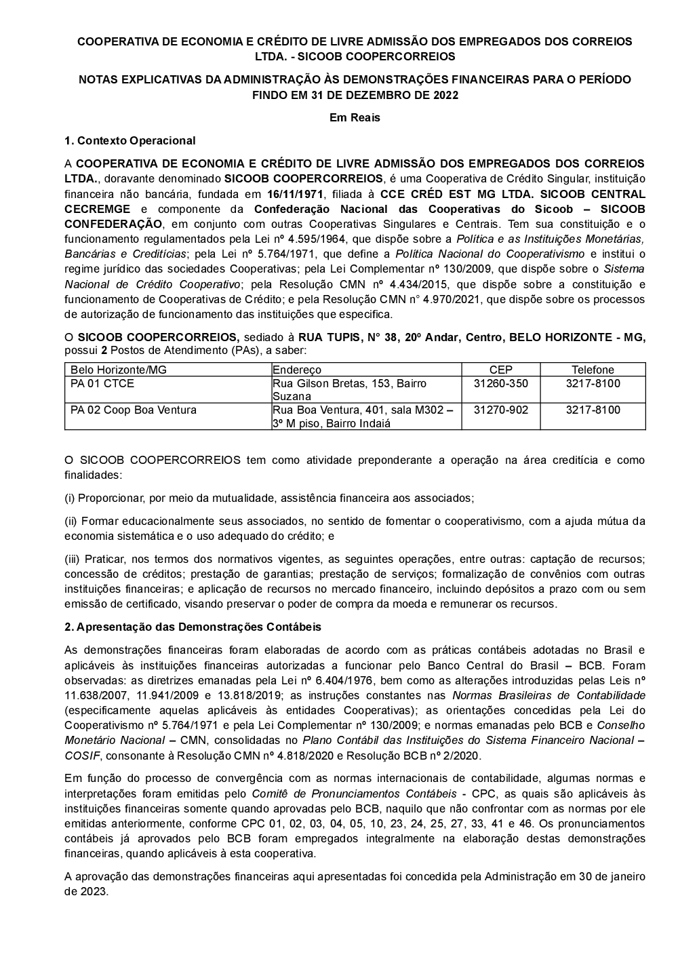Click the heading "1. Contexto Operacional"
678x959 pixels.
coord(129,141)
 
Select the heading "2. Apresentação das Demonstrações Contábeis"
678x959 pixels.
coord(193,627)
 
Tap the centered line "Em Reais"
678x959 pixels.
coord(355,117)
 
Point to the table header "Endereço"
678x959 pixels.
coord(297,370)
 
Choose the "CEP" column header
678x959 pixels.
coord(501,370)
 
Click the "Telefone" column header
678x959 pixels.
coord(593,370)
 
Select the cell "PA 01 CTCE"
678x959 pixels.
coord(102,384)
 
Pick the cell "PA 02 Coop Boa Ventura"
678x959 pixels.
coord(134,410)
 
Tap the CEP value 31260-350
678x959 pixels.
coord(501,384)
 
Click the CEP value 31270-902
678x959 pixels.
coord(501,410)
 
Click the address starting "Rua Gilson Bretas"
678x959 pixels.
coord(349,384)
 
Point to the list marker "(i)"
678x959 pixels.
coord(70,498)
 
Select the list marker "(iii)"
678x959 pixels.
coord(72,559)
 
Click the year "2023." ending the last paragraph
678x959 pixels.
coord(86,891)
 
